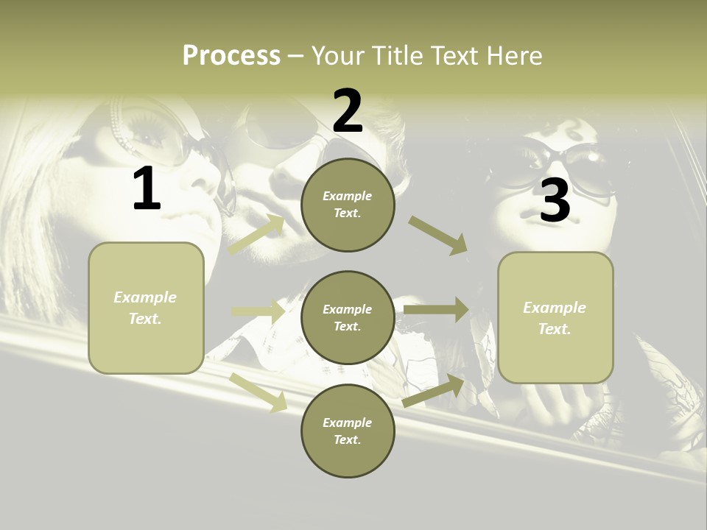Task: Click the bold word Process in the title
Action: click(x=231, y=55)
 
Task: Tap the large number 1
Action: click(x=147, y=189)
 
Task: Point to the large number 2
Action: click(x=348, y=112)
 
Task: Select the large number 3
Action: click(x=555, y=201)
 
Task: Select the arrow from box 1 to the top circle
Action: click(x=256, y=235)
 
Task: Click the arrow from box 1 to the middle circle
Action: click(x=258, y=311)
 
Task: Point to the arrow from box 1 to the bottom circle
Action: click(x=258, y=392)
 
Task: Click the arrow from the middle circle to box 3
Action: click(x=436, y=310)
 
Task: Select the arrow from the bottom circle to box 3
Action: click(x=434, y=391)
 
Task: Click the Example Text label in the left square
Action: click(x=145, y=308)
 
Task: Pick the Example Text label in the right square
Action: click(x=555, y=318)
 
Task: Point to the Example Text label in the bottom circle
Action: click(x=347, y=431)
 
